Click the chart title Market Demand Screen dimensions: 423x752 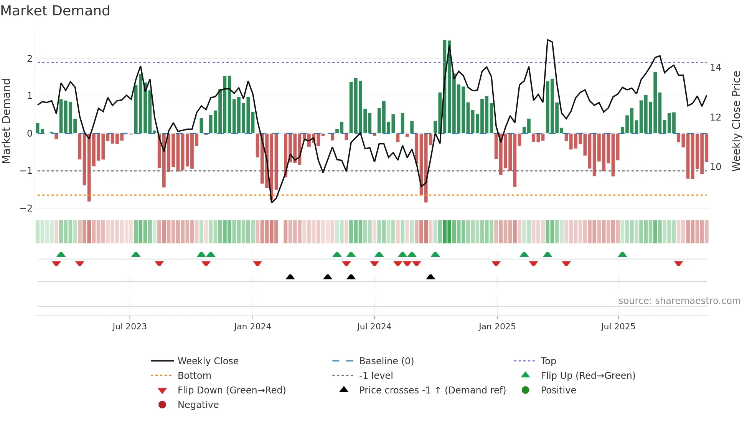pyautogui.click(x=55, y=11)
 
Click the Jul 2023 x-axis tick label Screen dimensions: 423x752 pyautogui.click(x=129, y=327)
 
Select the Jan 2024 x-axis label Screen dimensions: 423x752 pyautogui.click(x=252, y=327)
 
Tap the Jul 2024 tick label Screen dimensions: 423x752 pyautogui.click(x=374, y=327)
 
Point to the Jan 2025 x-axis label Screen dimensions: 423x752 pyautogui.click(x=497, y=327)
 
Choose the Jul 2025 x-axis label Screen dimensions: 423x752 pyautogui.click(x=618, y=327)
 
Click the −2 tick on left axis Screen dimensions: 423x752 pyautogui.click(x=26, y=208)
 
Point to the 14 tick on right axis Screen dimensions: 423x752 pyautogui.click(x=716, y=68)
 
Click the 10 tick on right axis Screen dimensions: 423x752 pyautogui.click(x=716, y=167)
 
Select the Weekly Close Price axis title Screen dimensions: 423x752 pyautogui.click(x=736, y=121)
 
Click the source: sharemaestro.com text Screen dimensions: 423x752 pyautogui.click(x=679, y=301)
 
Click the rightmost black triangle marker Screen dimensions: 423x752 pyautogui.click(x=430, y=277)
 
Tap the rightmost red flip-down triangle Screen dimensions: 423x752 pyautogui.click(x=678, y=263)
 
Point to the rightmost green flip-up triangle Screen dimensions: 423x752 pyautogui.click(x=622, y=254)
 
